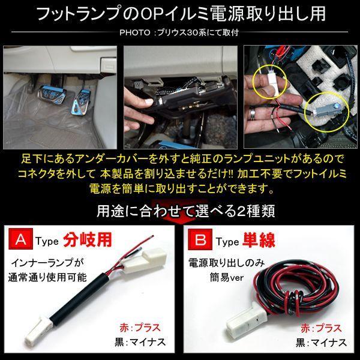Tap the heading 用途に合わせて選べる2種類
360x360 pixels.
pyautogui.click(x=180, y=212)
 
